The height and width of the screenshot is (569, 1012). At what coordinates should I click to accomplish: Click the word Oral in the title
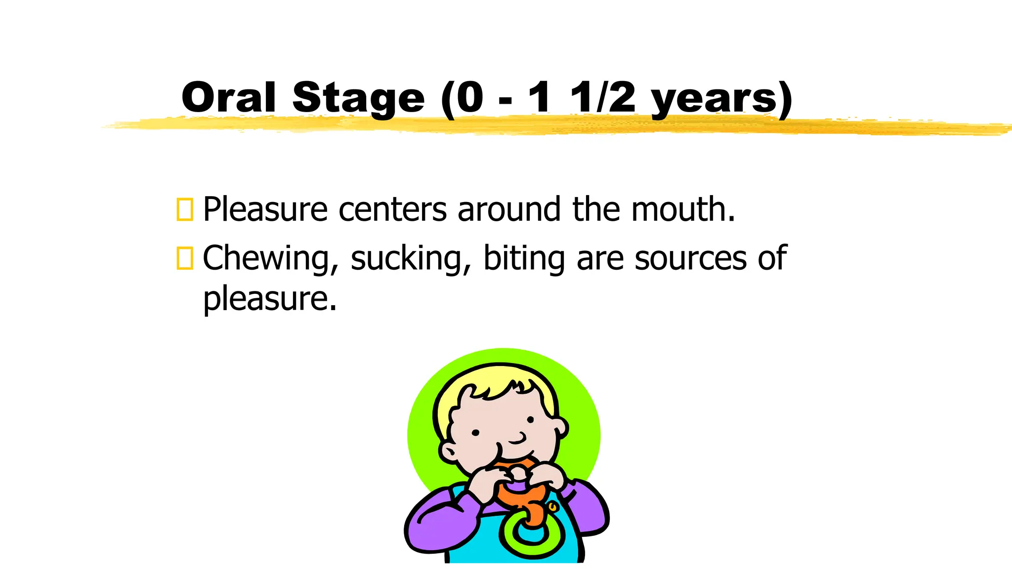click(228, 97)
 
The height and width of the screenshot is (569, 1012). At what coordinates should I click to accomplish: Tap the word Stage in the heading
click(358, 99)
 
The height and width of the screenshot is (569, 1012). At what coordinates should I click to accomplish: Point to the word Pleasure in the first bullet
click(265, 209)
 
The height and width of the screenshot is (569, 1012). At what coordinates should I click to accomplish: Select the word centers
click(393, 209)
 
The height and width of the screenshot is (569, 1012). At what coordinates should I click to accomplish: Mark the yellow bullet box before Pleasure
click(185, 209)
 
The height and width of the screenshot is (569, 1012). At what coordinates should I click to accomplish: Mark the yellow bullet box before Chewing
click(185, 258)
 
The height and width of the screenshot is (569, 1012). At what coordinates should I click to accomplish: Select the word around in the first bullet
click(509, 209)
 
